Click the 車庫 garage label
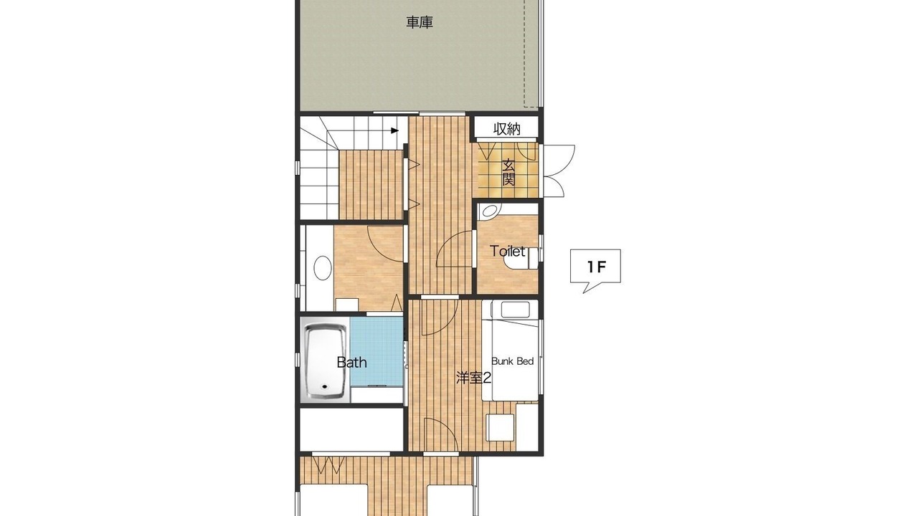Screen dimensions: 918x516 [x=420, y=22]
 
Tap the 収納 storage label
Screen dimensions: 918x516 [x=506, y=130]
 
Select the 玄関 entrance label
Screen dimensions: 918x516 [x=508, y=173]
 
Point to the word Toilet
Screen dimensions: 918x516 [x=507, y=251]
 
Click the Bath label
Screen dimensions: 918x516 [x=351, y=363]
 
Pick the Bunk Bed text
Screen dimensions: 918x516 [x=512, y=361]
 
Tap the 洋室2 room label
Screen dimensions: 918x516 [x=474, y=378]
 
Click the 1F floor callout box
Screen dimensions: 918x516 [x=595, y=267]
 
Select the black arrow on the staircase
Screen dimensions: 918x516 [x=394, y=130]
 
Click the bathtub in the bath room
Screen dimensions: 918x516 [x=326, y=362]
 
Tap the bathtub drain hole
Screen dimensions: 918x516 [x=325, y=386]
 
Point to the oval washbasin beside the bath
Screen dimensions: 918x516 [x=323, y=268]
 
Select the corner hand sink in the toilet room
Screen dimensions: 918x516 [x=489, y=210]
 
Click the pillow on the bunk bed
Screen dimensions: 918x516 [x=515, y=310]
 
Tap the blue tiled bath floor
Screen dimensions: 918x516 [x=377, y=351]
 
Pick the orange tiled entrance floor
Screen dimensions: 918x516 [x=508, y=170]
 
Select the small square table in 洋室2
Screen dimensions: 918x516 [x=500, y=427]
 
